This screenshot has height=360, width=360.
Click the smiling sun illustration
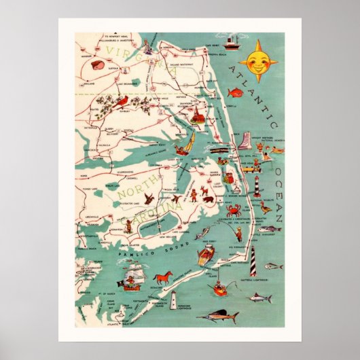[x=258, y=61]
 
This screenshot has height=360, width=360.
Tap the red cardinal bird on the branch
[x=123, y=103]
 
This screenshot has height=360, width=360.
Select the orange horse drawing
[x=163, y=278]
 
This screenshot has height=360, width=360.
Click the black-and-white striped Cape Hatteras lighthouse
[x=251, y=260]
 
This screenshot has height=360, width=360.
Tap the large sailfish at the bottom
[x=224, y=316]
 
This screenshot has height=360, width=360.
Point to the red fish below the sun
[x=234, y=92]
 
